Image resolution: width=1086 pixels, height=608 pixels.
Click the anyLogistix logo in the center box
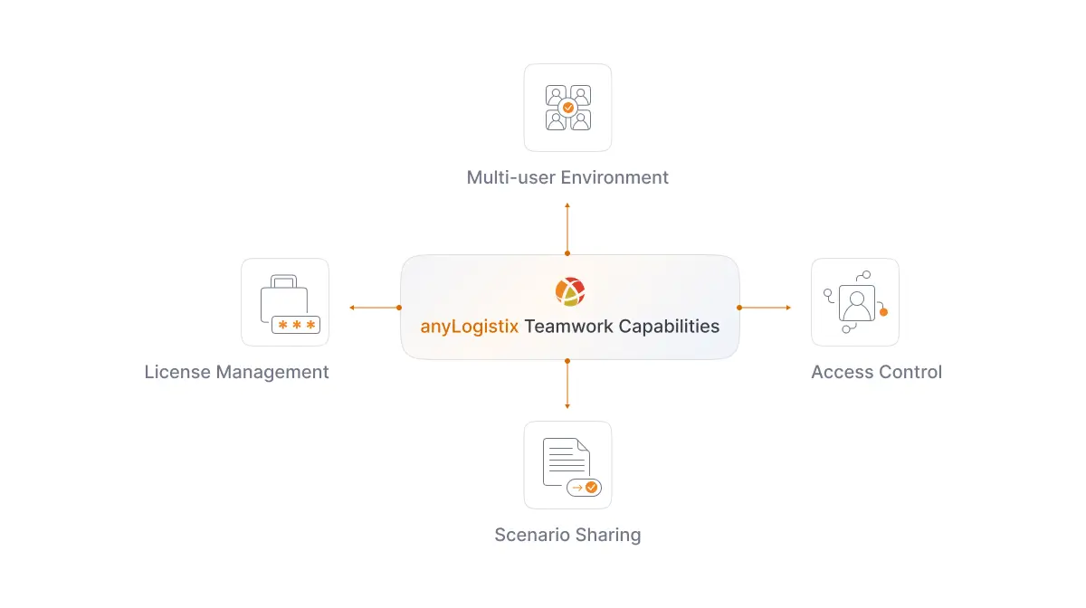click(569, 291)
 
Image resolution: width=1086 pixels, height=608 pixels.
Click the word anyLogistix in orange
click(469, 327)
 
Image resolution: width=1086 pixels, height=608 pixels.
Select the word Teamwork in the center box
click(568, 327)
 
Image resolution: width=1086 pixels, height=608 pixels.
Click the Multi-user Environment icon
click(567, 108)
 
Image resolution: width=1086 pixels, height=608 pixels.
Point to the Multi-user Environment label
click(567, 177)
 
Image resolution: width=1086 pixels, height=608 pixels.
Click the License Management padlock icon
click(285, 303)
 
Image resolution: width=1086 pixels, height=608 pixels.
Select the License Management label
click(236, 372)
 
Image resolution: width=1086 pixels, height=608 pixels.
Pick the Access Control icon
click(854, 302)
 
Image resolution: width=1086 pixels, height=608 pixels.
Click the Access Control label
click(876, 372)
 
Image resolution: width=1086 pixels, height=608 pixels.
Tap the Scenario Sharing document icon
click(567, 465)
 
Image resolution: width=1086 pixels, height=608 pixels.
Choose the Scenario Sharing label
click(567, 535)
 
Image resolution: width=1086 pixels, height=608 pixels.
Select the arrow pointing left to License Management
click(374, 308)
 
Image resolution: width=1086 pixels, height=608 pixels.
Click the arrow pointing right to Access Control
click(765, 308)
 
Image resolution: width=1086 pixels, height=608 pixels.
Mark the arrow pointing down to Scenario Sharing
click(567, 385)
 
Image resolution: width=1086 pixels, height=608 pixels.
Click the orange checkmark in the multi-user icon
click(568, 108)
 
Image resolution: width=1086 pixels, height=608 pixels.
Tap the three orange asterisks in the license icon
click(296, 325)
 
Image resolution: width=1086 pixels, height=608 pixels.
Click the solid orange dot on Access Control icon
click(883, 312)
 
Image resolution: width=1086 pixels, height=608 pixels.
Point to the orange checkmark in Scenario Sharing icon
click(591, 487)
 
